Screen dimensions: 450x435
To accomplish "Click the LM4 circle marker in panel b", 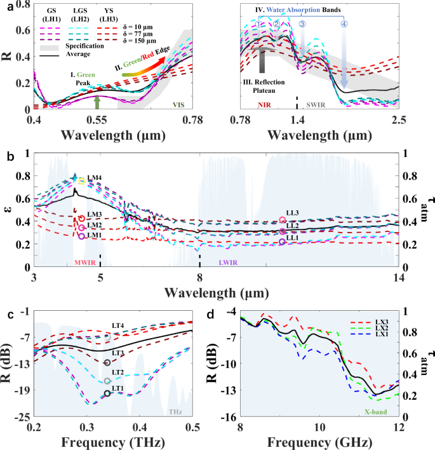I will pyautogui.click(x=81, y=181).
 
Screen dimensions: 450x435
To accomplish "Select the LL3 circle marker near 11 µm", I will pyautogui.click(x=283, y=220).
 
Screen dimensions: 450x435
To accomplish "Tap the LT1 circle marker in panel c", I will pyautogui.click(x=107, y=393).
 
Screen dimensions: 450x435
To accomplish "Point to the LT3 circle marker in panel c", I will pyautogui.click(x=107, y=362).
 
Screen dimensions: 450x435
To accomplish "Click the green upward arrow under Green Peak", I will pyautogui.click(x=97, y=102).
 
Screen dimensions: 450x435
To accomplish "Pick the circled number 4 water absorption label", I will pyautogui.click(x=344, y=24).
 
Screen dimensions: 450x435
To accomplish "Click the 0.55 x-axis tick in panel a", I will pyautogui.click(x=97, y=119).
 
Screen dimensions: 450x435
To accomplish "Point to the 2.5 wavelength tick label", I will pyautogui.click(x=398, y=119).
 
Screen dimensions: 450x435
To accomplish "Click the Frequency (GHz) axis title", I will pyautogui.click(x=319, y=442).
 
